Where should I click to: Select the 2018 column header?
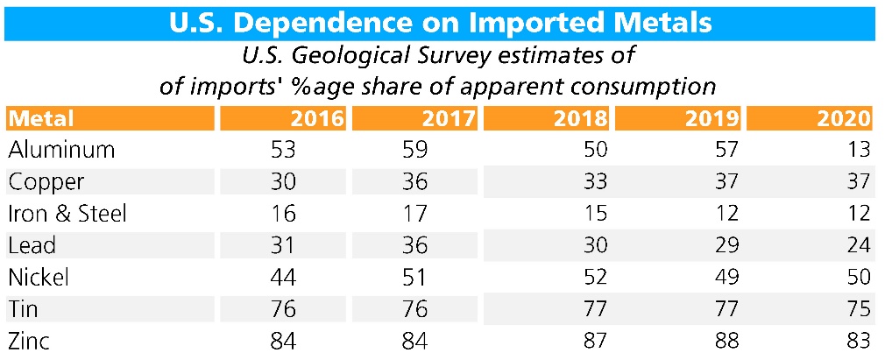click(584, 118)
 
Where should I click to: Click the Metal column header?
click(41, 118)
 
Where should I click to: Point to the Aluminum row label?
click(61, 150)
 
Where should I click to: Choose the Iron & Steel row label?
click(67, 214)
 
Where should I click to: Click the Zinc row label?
click(30, 341)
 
